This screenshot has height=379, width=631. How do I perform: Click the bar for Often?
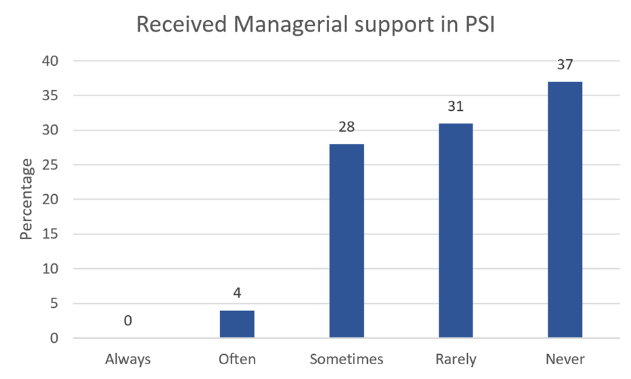pyautogui.click(x=237, y=324)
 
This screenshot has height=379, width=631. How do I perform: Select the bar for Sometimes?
pyautogui.click(x=346, y=241)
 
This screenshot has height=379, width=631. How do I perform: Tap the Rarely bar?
pyautogui.click(x=456, y=230)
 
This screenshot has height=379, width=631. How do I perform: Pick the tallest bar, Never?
pyautogui.click(x=565, y=210)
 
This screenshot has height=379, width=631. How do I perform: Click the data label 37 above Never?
pyautogui.click(x=565, y=65)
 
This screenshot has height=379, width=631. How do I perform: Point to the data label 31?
pyautogui.click(x=456, y=107)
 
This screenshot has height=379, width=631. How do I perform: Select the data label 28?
pyautogui.click(x=346, y=127)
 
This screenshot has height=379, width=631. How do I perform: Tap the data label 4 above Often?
pyautogui.click(x=237, y=294)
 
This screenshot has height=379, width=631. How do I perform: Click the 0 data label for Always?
pyautogui.click(x=128, y=321)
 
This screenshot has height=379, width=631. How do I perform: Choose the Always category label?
pyautogui.click(x=128, y=360)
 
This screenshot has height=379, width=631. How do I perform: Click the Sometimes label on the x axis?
pyautogui.click(x=346, y=360)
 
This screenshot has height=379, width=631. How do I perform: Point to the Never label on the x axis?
pyautogui.click(x=565, y=360)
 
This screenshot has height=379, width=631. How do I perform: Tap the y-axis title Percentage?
pyautogui.click(x=26, y=200)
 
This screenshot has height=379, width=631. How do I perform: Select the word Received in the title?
pyautogui.click(x=179, y=24)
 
